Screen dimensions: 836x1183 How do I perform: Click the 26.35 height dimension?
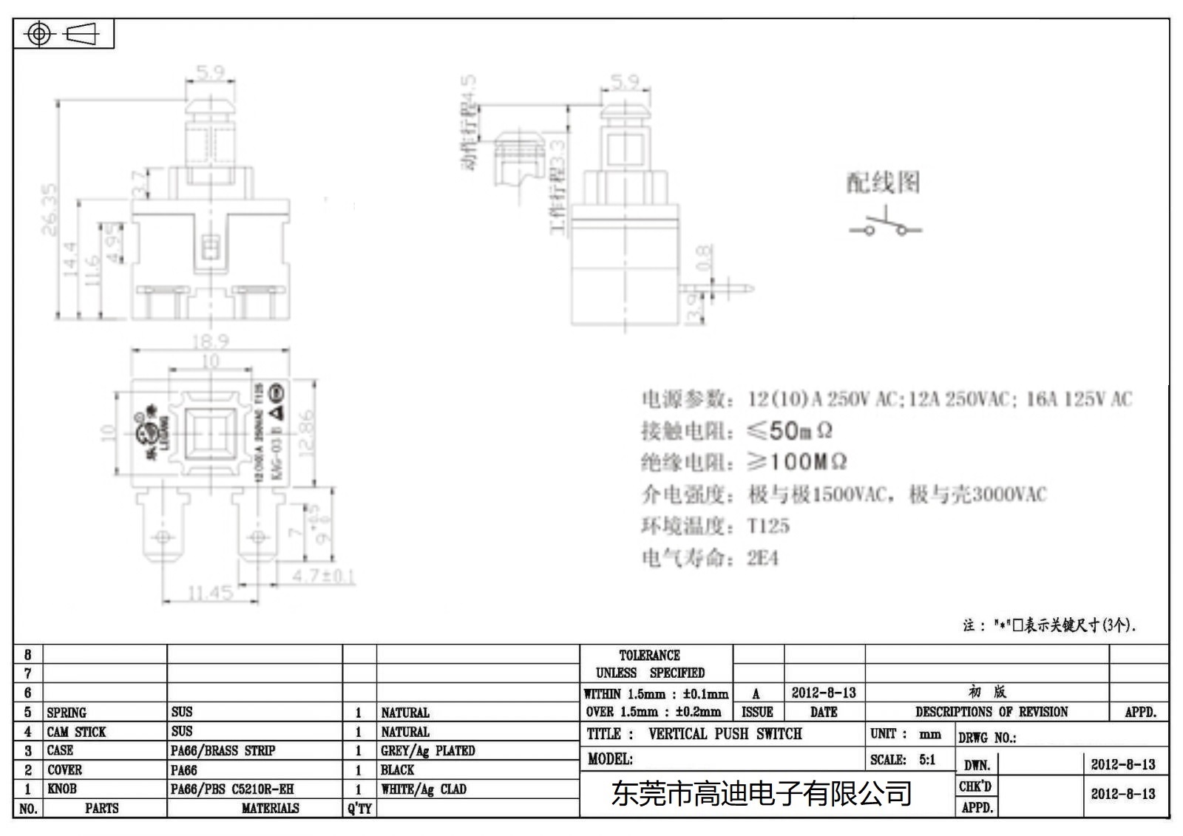coord(49,210)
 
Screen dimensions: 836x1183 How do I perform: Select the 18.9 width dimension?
coord(211,341)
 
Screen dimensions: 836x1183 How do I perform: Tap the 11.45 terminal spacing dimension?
coord(210,593)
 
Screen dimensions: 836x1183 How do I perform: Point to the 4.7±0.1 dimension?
coord(323,576)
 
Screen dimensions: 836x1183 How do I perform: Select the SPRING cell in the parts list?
coord(67,713)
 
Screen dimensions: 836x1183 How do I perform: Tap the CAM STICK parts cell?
coord(76,732)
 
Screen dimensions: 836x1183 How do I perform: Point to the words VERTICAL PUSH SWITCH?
coord(725,734)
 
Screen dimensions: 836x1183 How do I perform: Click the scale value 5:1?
coord(927,759)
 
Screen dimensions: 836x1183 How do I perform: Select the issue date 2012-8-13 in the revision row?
coord(824,693)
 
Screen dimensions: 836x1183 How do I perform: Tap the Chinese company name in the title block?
coord(761,794)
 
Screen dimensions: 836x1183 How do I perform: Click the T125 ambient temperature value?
coord(768,526)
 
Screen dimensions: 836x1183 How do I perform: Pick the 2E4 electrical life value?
coord(762,558)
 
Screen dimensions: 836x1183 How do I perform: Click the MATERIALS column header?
coord(270,808)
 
